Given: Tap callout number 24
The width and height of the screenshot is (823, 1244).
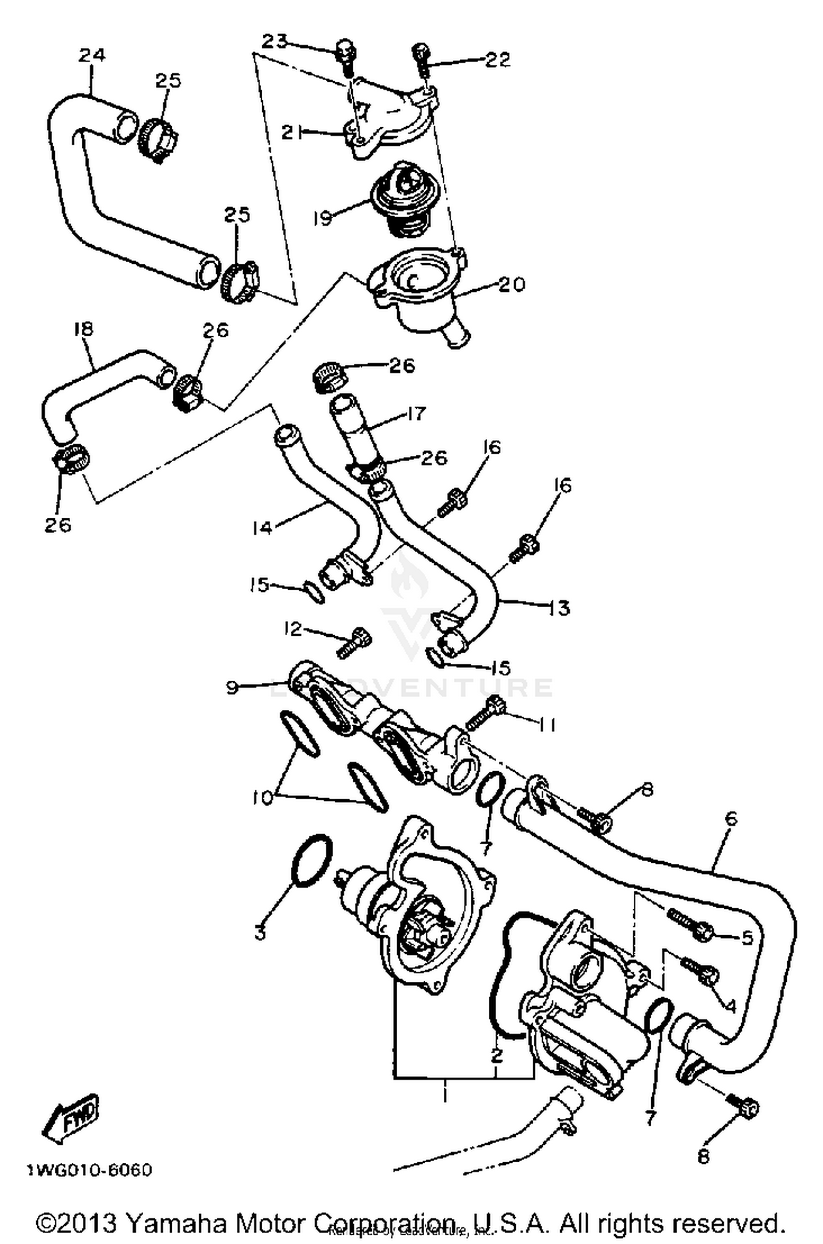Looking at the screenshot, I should pos(92,55).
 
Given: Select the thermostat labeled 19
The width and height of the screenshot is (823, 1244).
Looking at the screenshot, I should pos(404,197).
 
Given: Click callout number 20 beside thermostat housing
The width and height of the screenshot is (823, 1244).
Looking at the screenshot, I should pos(511,284).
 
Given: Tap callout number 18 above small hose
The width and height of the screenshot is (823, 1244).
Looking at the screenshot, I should pos(83,329).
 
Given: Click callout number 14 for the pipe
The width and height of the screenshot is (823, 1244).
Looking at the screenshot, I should pos(262,528).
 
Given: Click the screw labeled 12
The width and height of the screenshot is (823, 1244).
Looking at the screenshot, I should pos(354,642).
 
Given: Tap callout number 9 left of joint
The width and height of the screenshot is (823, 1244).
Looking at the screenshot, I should pos(232,687).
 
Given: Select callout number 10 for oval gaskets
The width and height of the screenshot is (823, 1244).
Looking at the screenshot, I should pos(262,799).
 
